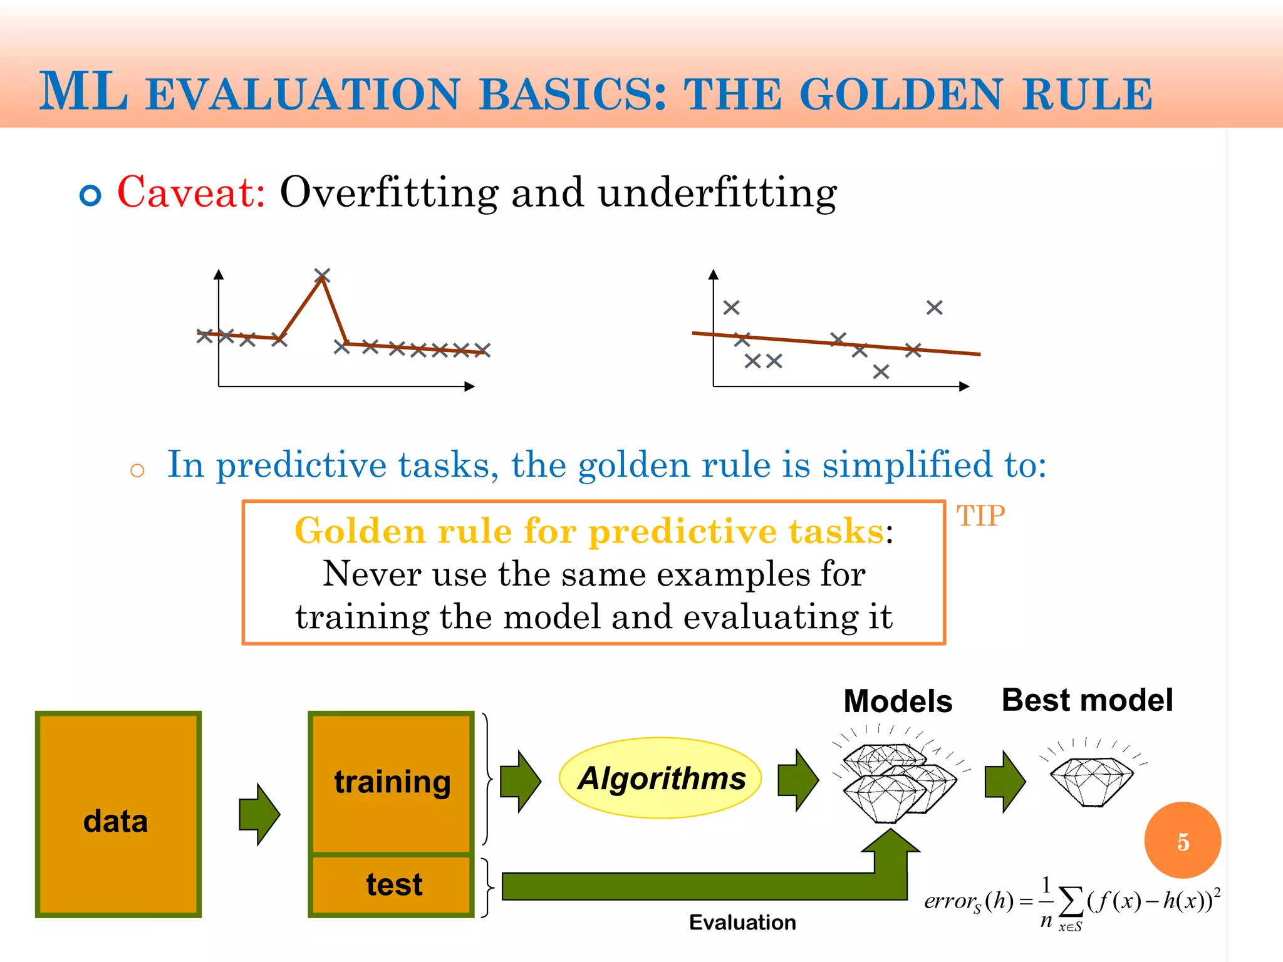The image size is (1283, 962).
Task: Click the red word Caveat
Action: (x=191, y=192)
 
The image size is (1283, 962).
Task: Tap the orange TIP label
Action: (x=980, y=517)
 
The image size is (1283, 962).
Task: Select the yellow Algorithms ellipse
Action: (x=660, y=778)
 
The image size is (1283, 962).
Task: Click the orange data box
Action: (x=118, y=814)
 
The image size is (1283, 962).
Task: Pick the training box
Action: (x=392, y=783)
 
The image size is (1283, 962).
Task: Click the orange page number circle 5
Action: (x=1182, y=841)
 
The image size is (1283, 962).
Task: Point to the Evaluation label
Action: (x=742, y=923)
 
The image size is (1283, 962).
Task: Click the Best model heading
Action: (x=1087, y=700)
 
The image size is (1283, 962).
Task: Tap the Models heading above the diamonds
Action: (x=897, y=701)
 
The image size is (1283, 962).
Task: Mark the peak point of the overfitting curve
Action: (x=322, y=276)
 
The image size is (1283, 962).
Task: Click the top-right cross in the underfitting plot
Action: (x=934, y=308)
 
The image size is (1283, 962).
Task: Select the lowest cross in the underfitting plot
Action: (x=881, y=372)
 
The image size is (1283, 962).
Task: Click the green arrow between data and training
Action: (x=259, y=814)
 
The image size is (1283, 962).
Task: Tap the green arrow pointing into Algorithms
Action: (x=520, y=781)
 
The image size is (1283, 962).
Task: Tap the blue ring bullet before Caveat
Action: (x=91, y=196)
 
